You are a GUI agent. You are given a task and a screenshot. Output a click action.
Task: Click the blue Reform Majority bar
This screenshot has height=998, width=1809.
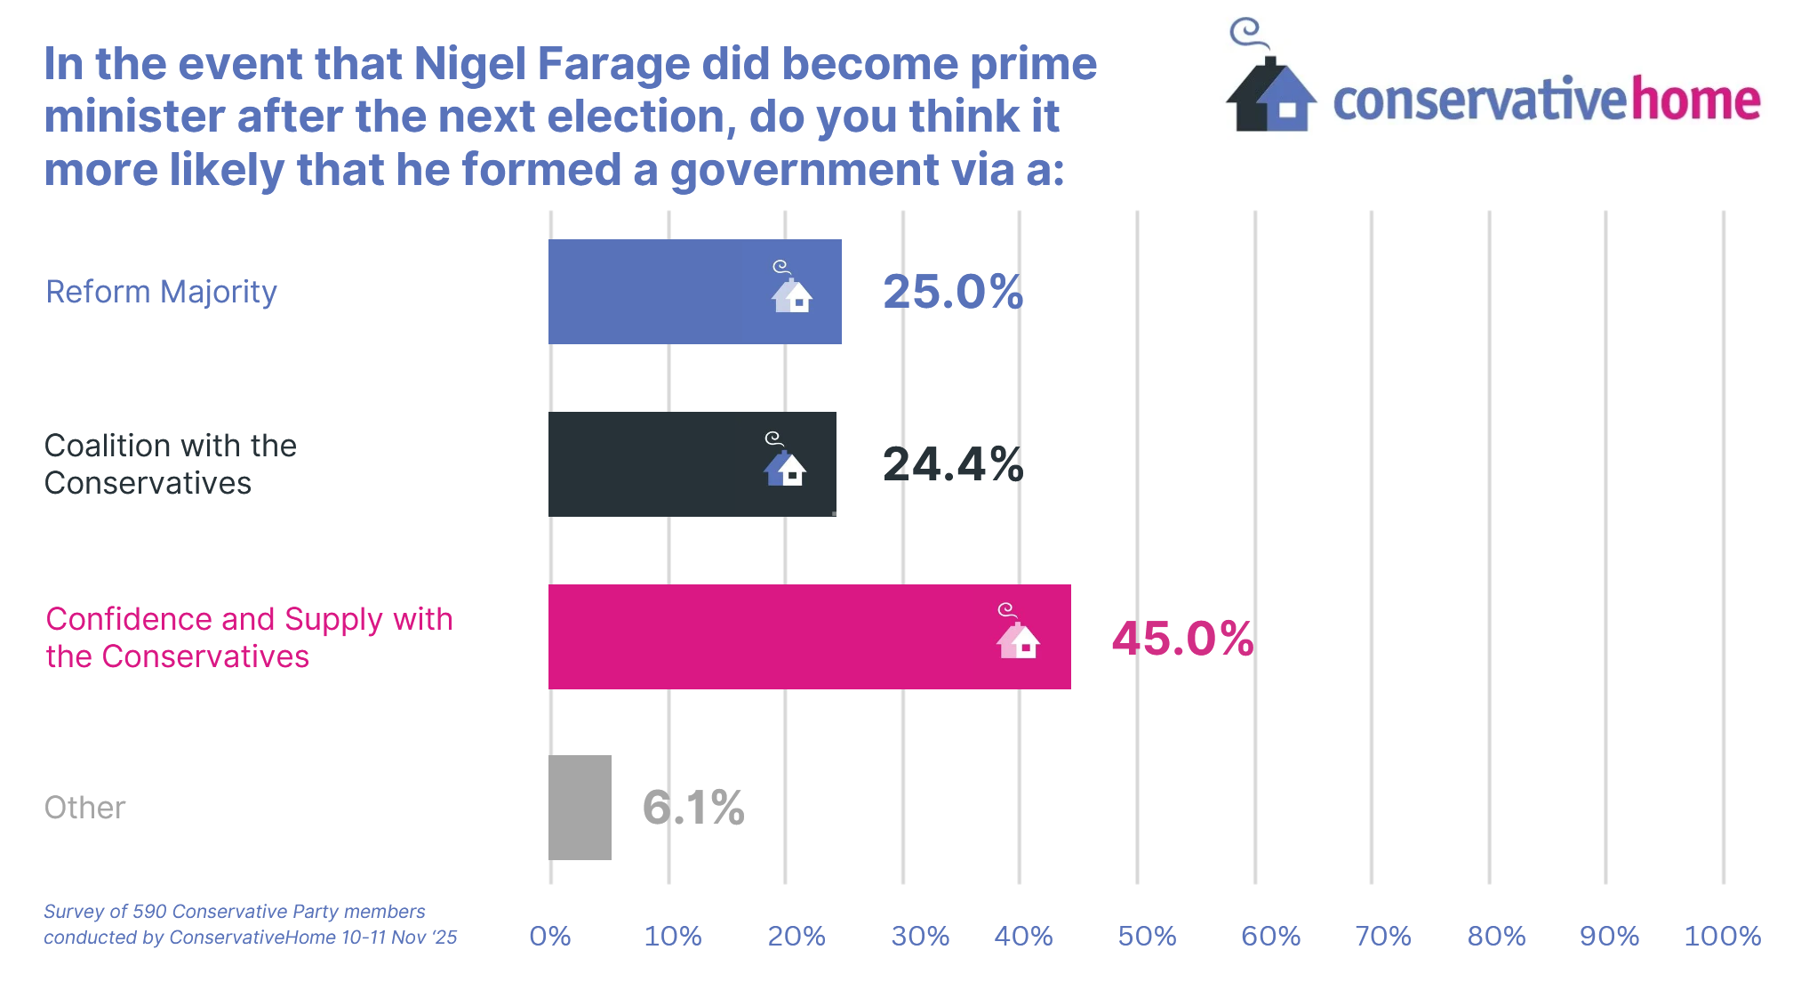click(x=693, y=292)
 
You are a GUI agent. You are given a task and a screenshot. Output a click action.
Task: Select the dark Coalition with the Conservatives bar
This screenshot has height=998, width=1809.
click(x=692, y=464)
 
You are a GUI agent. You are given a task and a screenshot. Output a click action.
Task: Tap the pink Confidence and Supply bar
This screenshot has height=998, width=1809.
click(x=809, y=637)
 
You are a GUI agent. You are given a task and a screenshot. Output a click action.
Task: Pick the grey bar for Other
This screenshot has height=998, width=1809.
click(x=580, y=808)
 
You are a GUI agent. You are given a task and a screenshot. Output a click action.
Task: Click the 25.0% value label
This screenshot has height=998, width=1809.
click(x=953, y=292)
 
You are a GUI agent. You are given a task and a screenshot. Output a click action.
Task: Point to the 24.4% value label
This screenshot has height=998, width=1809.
click(x=953, y=464)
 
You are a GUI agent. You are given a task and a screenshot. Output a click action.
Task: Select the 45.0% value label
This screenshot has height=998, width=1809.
click(x=1182, y=639)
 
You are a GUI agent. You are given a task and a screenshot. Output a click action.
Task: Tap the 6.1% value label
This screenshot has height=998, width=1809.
click(x=693, y=808)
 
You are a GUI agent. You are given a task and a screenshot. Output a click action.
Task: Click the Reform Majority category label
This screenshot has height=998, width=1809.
click(x=161, y=292)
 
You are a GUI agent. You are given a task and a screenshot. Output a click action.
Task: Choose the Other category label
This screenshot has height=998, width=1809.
click(x=85, y=808)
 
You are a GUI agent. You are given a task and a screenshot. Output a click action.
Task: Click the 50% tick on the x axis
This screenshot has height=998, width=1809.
click(x=1147, y=936)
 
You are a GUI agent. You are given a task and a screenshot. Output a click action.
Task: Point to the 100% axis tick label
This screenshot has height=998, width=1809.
click(x=1722, y=936)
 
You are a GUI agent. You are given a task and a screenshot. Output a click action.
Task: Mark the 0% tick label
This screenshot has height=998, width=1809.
click(x=550, y=936)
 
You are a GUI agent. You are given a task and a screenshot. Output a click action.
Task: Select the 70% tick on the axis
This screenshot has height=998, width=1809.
click(x=1382, y=936)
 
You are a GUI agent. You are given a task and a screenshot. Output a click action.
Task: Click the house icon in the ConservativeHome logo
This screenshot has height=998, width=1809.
click(x=1269, y=93)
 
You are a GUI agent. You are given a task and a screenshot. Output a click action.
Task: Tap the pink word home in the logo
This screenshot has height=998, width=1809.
click(x=1695, y=100)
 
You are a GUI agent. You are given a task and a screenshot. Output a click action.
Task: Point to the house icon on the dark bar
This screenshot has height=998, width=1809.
click(x=784, y=464)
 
